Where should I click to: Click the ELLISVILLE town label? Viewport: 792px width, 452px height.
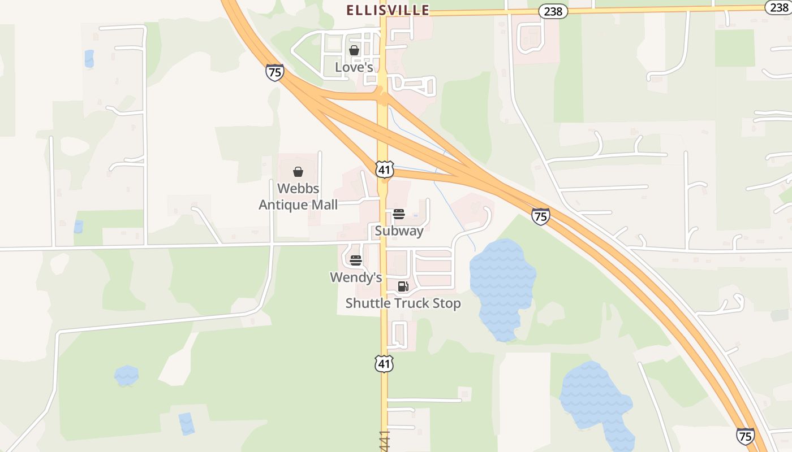(x=388, y=10)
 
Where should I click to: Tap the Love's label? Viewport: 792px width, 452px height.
(x=354, y=67)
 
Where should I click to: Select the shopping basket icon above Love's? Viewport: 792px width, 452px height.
(x=354, y=50)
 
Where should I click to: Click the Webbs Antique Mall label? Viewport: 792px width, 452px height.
(x=298, y=197)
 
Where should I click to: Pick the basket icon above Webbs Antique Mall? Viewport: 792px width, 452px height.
(x=298, y=172)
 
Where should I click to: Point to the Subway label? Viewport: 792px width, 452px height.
(x=399, y=231)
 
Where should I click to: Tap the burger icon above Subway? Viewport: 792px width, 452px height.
(x=399, y=214)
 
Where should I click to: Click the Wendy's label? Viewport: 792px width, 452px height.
(x=356, y=277)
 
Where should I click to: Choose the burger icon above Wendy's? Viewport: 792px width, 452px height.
(x=356, y=260)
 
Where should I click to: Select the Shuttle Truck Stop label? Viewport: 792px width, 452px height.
(x=403, y=303)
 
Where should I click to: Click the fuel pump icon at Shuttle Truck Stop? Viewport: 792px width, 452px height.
(x=403, y=286)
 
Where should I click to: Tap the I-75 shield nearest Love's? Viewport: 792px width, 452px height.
(x=274, y=72)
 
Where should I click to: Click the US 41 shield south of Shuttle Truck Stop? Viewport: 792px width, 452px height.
(x=384, y=363)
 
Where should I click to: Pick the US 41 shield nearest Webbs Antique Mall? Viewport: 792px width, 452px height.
(x=384, y=168)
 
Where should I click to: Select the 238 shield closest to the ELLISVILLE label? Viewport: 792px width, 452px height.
(x=553, y=11)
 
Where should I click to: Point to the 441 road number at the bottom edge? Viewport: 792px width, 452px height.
(x=385, y=441)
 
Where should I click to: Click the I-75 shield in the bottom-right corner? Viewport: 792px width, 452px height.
(x=745, y=436)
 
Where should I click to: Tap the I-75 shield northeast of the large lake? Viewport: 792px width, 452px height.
(x=540, y=216)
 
